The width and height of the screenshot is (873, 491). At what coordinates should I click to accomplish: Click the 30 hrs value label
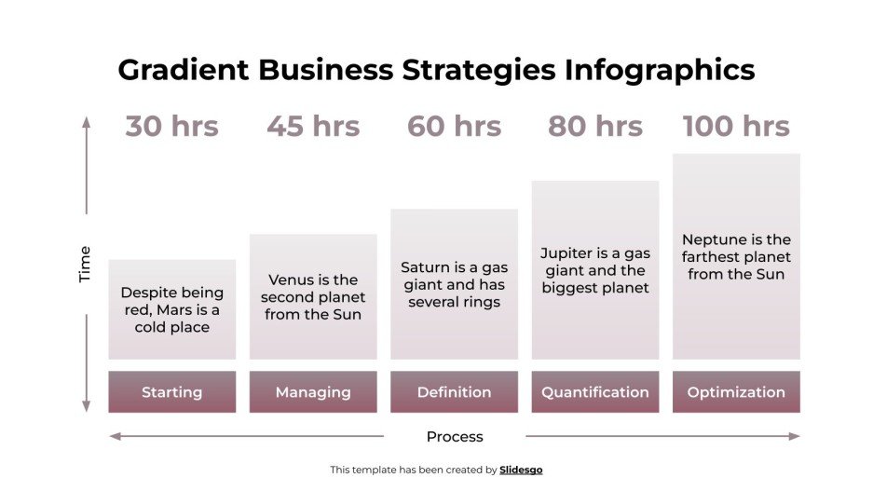(171, 127)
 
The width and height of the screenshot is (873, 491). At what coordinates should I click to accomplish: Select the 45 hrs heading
(313, 127)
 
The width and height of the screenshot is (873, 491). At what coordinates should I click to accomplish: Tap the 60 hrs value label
(454, 127)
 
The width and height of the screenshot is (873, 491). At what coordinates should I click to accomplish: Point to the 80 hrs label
(594, 127)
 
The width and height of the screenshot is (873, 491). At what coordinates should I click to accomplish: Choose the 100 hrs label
(736, 127)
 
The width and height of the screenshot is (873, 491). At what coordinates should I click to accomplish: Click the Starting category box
(171, 392)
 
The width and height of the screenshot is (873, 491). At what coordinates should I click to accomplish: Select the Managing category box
(313, 392)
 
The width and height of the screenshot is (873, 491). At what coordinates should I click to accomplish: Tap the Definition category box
(454, 392)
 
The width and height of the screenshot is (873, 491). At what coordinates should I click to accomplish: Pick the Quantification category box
(594, 392)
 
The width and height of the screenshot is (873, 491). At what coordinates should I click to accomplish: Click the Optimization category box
(736, 392)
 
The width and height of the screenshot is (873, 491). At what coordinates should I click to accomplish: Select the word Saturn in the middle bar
(426, 267)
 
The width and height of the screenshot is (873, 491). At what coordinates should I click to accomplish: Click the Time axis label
(86, 264)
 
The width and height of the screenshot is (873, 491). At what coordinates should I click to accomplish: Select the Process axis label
(455, 436)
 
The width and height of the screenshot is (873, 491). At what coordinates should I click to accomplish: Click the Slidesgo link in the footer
(521, 471)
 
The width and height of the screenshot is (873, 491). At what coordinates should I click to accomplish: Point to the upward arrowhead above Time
(86, 121)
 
